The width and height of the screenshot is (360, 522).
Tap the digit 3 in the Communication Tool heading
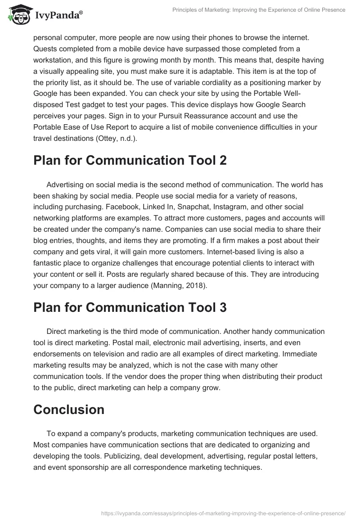pyautogui.click(x=222, y=307)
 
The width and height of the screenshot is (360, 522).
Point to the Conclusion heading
pyautogui.click(x=69, y=409)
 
